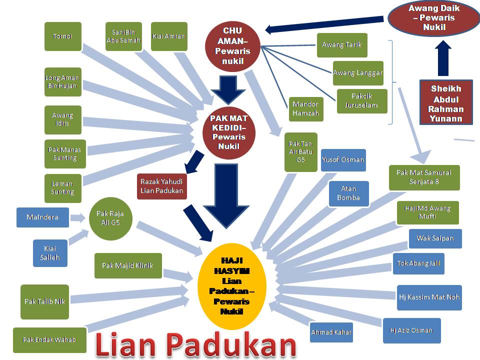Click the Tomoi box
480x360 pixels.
point(62,36)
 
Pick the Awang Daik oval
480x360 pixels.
point(433,17)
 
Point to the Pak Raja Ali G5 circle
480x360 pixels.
point(110,218)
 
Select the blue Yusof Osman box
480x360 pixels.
point(343,160)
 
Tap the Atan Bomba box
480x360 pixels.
point(348,193)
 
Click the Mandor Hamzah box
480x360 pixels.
point(306,109)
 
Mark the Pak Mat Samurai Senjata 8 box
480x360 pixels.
point(424,177)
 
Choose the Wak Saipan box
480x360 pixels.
point(435,238)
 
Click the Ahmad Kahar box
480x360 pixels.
point(331,332)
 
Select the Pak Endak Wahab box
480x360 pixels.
point(49,340)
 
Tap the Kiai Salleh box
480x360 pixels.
point(50,253)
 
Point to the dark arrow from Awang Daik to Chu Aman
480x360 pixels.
point(325,27)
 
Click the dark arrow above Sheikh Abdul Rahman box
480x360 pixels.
point(443,58)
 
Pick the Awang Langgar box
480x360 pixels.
point(357,73)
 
